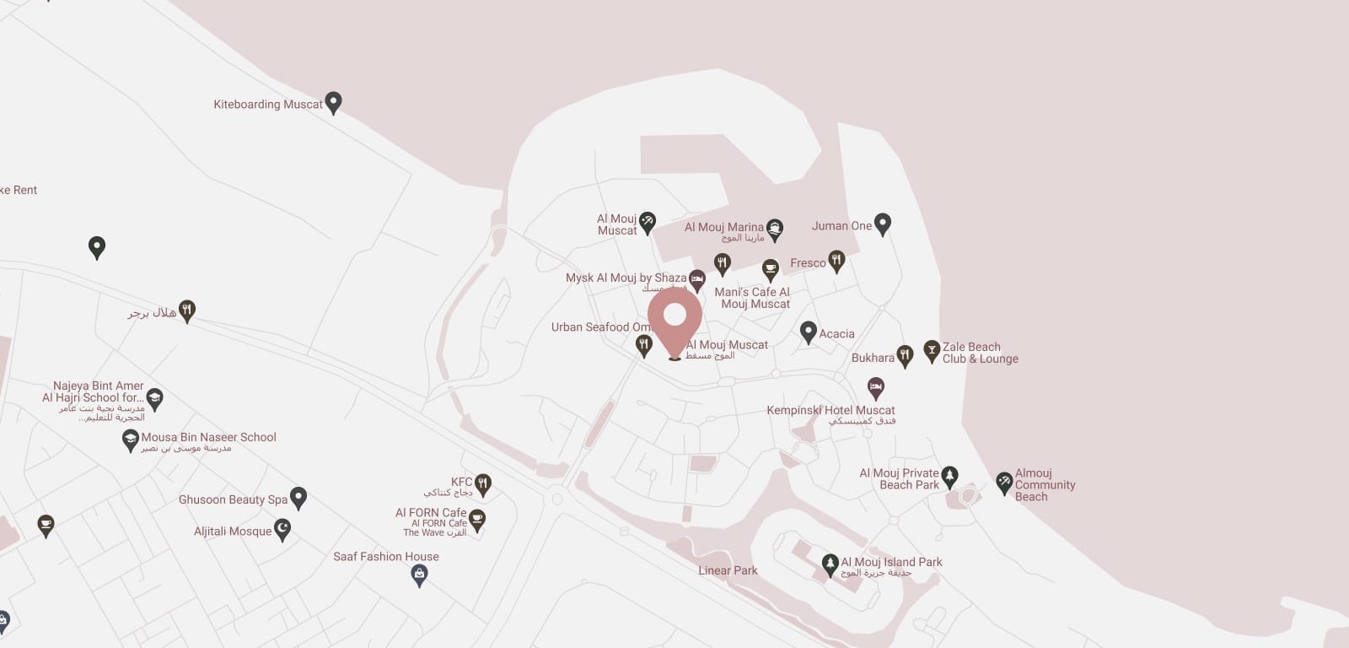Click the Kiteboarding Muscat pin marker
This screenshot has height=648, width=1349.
tap(333, 102)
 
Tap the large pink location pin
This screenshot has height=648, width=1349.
tap(674, 319)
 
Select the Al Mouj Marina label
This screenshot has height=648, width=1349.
tap(723, 227)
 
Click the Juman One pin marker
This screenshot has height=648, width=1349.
tap(882, 224)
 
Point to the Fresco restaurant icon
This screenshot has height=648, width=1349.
tap(836, 261)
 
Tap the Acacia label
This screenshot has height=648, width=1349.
tap(836, 334)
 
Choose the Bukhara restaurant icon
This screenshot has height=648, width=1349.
tap(905, 356)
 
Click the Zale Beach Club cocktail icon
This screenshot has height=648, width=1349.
tap(932, 351)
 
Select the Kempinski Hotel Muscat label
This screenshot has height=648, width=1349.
tap(830, 410)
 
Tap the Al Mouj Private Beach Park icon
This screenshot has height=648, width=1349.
tap(949, 477)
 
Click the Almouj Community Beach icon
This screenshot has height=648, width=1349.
tap(1003, 483)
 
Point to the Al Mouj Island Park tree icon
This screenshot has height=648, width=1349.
tap(830, 563)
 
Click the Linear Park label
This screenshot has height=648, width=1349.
tap(728, 570)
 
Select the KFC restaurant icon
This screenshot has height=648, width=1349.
tap(482, 484)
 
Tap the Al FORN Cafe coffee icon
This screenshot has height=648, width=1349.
tap(477, 520)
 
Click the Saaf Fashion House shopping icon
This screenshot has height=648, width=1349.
tap(419, 575)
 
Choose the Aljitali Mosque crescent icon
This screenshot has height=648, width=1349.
tap(282, 530)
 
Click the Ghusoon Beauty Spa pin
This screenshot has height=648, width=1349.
tap(298, 498)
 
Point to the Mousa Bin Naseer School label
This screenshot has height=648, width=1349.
tap(208, 437)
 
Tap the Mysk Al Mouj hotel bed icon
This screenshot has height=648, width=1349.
tap(696, 279)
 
